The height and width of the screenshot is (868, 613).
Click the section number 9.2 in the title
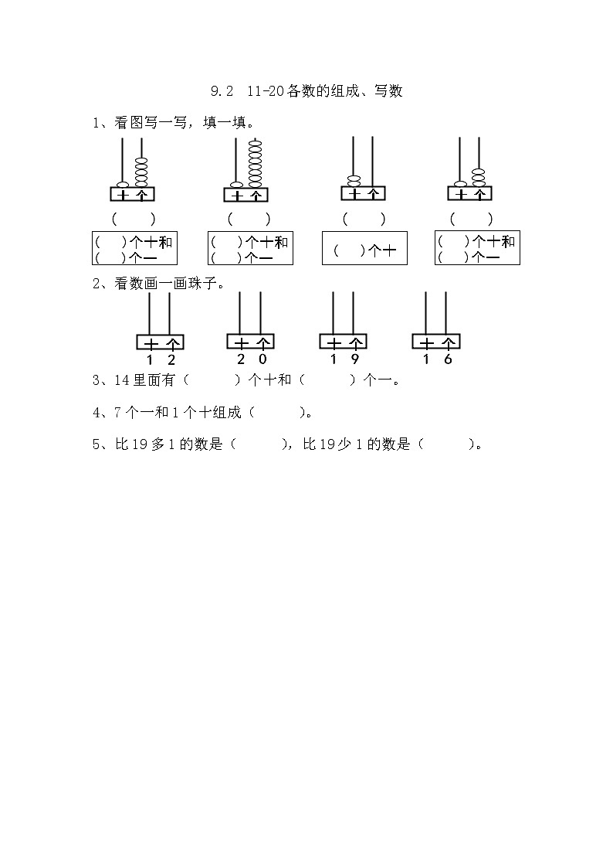222,92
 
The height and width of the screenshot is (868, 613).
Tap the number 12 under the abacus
161,359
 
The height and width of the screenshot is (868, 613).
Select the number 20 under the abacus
252,359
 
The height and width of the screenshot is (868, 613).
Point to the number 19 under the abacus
344,359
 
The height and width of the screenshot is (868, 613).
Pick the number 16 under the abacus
436,359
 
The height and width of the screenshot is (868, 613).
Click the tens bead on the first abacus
123,184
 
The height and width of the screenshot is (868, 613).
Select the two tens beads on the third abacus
353,181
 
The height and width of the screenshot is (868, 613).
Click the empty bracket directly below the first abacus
134,219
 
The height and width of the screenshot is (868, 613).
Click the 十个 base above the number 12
160,342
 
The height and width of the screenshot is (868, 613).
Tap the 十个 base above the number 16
436,342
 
